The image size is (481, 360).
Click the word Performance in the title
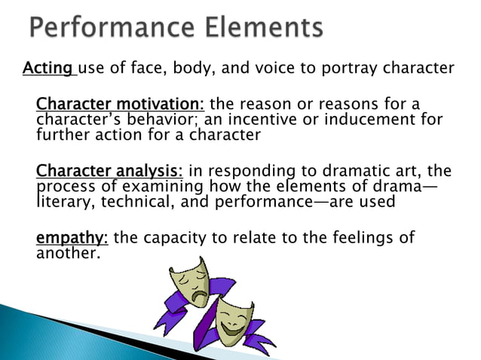109,29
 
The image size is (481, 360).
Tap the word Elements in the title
262,29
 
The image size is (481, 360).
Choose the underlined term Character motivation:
120,103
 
